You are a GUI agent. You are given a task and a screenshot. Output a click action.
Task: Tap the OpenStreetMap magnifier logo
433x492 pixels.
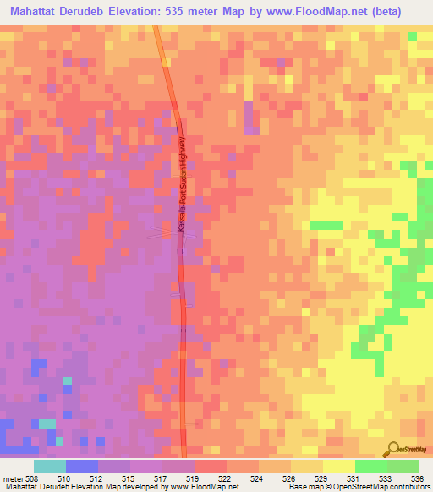coord(392,449)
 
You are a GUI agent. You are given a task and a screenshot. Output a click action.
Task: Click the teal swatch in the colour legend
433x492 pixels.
coord(50,466)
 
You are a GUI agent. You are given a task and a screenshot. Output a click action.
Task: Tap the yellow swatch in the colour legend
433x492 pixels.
coord(338,466)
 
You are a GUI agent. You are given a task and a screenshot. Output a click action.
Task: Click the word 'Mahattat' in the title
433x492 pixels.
coord(36,12)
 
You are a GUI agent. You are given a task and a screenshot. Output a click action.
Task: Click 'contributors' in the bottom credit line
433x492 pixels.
coord(408,486)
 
